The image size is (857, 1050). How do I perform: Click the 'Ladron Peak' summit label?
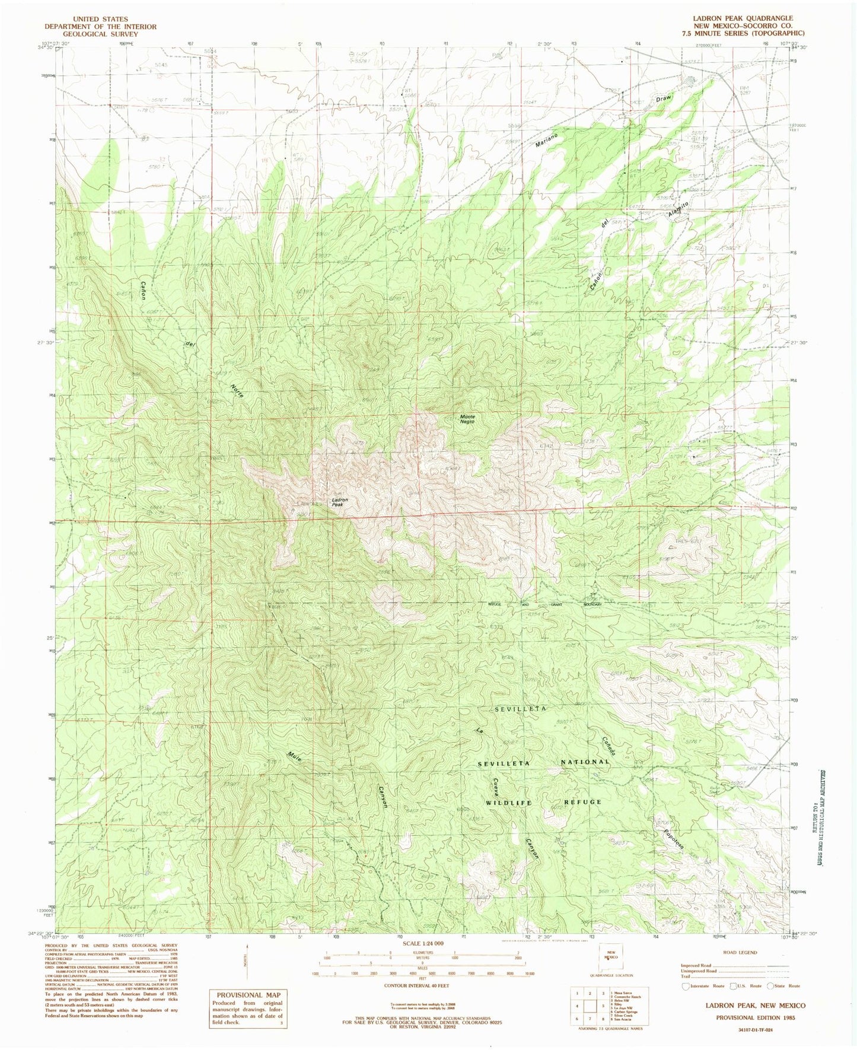click(x=339, y=502)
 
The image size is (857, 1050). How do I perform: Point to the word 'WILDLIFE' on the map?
click(x=511, y=802)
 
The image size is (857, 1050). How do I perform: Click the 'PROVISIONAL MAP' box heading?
click(x=249, y=995)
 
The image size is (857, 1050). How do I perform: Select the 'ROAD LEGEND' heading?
click(x=740, y=952)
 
